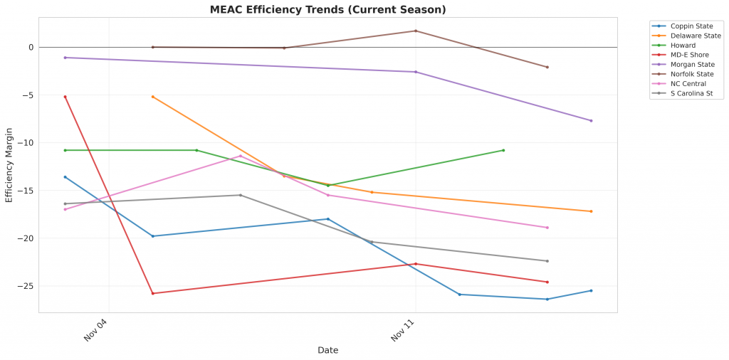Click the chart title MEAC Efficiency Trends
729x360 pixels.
(x=327, y=9)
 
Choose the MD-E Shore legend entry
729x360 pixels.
(x=688, y=55)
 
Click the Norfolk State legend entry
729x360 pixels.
(x=691, y=74)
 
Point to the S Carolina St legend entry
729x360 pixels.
(x=691, y=93)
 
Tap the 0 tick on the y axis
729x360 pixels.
(x=31, y=48)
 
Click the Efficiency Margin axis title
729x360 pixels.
(x=9, y=166)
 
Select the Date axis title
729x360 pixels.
(x=327, y=350)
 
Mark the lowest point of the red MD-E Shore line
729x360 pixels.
(x=153, y=293)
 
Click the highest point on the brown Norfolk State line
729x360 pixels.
(x=416, y=31)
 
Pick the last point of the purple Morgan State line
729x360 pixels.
(x=591, y=120)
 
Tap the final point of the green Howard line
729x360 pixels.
(x=503, y=150)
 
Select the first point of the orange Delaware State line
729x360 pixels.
(x=153, y=96)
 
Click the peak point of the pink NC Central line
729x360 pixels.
(x=241, y=156)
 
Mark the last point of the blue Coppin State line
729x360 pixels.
(x=591, y=290)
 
